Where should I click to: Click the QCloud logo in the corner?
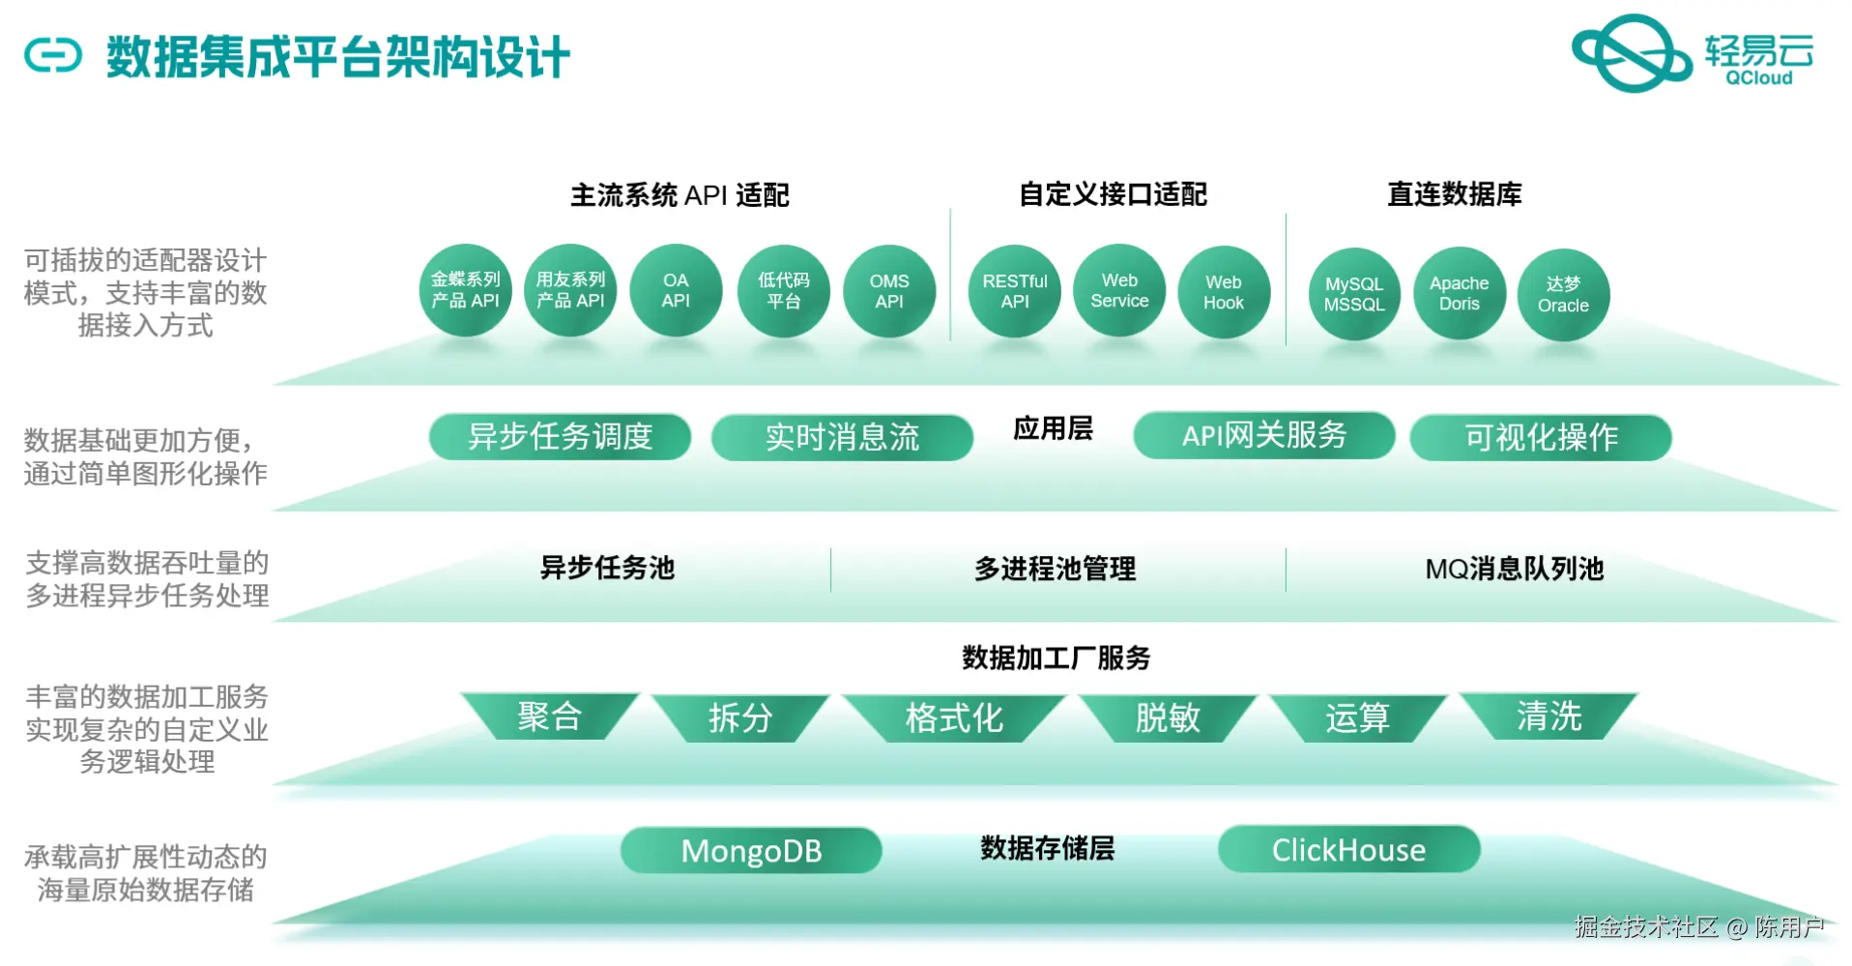[1692, 54]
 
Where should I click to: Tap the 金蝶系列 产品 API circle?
[465, 290]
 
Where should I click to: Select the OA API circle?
[676, 290]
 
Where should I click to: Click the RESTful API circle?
[1014, 291]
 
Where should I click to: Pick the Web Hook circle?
[1223, 292]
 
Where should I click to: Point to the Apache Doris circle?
[1459, 293]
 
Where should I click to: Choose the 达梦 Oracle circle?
[1563, 295]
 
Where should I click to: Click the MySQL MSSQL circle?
[1353, 294]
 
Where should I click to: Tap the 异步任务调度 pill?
[560, 437]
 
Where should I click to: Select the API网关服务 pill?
[1263, 436]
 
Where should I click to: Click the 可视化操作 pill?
[1540, 438]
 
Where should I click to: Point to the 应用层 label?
[1053, 428]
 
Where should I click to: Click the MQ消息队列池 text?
[1514, 569]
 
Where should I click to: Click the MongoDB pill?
[751, 851]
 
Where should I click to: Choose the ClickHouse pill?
[1348, 850]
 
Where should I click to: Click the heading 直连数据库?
[1454, 194]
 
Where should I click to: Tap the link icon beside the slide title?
[53, 55]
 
